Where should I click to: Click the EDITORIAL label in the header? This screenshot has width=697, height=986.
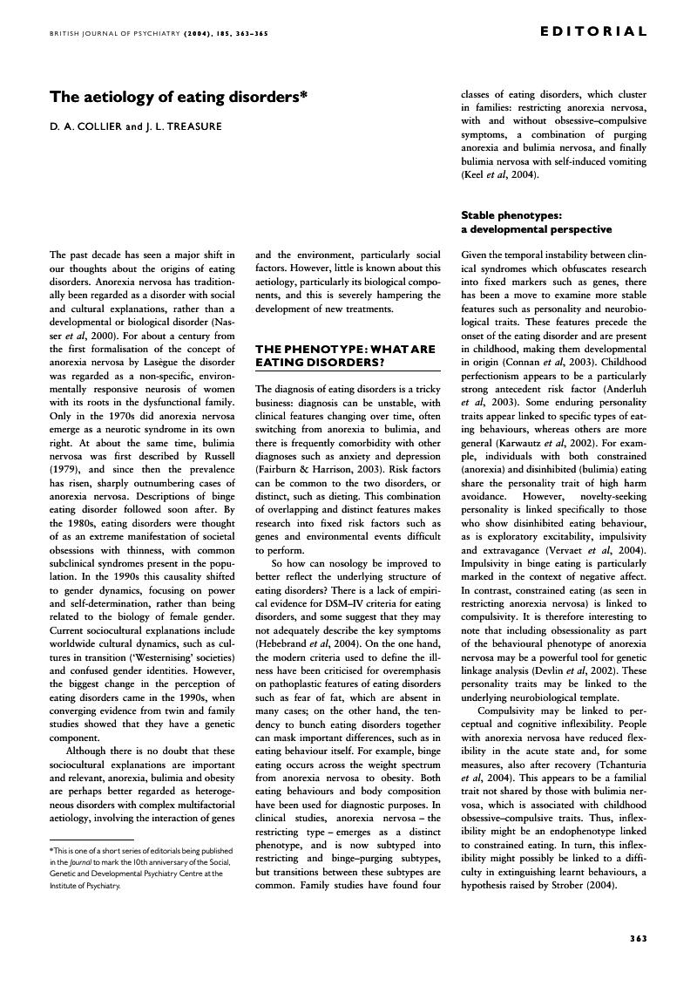point(593,31)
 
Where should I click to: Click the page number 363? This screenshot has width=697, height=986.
point(638,938)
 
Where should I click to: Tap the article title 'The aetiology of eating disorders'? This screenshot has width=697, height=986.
point(179,97)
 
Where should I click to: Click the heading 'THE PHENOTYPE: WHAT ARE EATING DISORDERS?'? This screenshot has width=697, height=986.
point(345,355)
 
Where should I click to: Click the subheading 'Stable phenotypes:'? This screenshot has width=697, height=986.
point(511,214)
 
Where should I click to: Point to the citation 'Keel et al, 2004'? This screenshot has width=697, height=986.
point(498,175)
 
